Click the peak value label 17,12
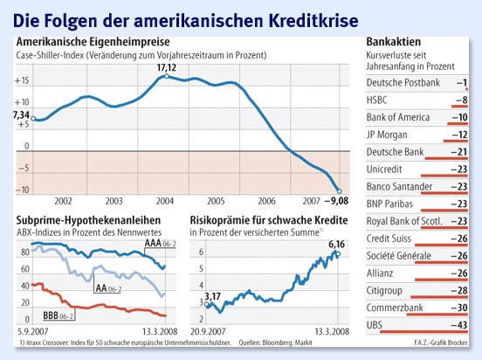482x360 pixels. pyautogui.click(x=167, y=66)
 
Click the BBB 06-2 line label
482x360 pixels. pyautogui.click(x=58, y=313)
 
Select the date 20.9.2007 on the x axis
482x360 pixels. pyautogui.click(x=204, y=332)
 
